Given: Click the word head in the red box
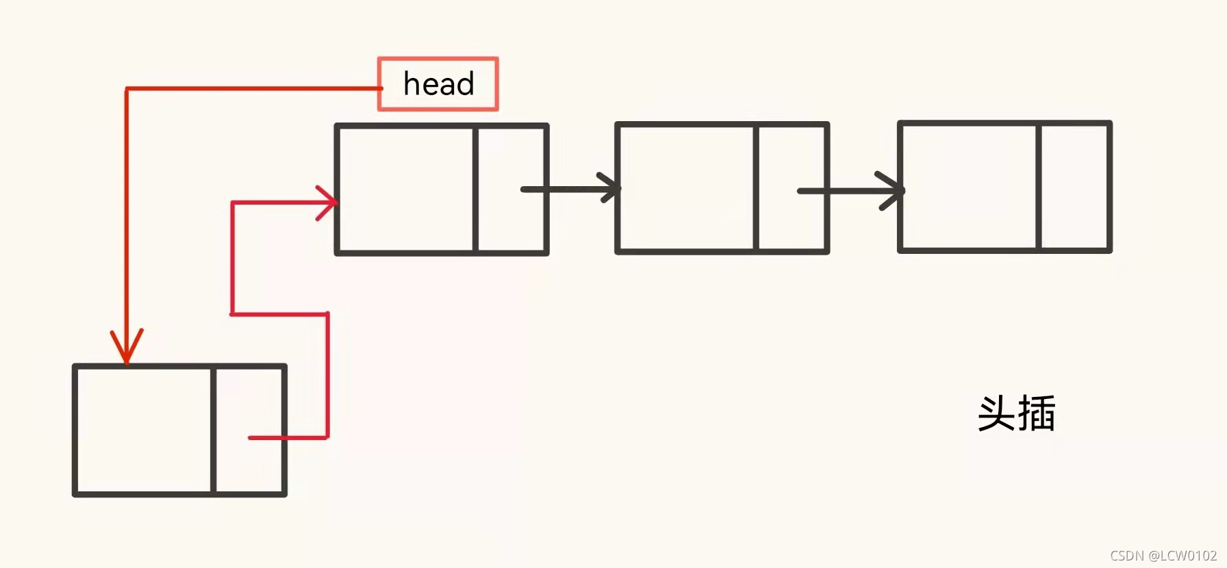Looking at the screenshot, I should coord(438,84).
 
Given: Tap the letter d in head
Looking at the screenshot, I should coord(464,83).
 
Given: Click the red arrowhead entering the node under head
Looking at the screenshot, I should coord(329,203).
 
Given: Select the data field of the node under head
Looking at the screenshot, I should coord(405,189).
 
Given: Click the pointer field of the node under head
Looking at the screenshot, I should coord(511,189).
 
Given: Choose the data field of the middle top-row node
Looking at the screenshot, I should coord(686,188).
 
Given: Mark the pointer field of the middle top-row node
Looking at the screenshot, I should coord(792,188).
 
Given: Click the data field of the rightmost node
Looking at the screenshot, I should coord(969,186).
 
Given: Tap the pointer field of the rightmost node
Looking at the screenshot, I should coord(1074,186).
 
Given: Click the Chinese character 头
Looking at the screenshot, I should coord(997,413).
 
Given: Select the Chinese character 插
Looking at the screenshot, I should coord(1037,413).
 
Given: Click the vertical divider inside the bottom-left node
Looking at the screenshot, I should coord(214,430).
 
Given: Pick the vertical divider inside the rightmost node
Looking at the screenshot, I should coord(1039,186).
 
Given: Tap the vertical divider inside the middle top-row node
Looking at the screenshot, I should coord(756,188).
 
